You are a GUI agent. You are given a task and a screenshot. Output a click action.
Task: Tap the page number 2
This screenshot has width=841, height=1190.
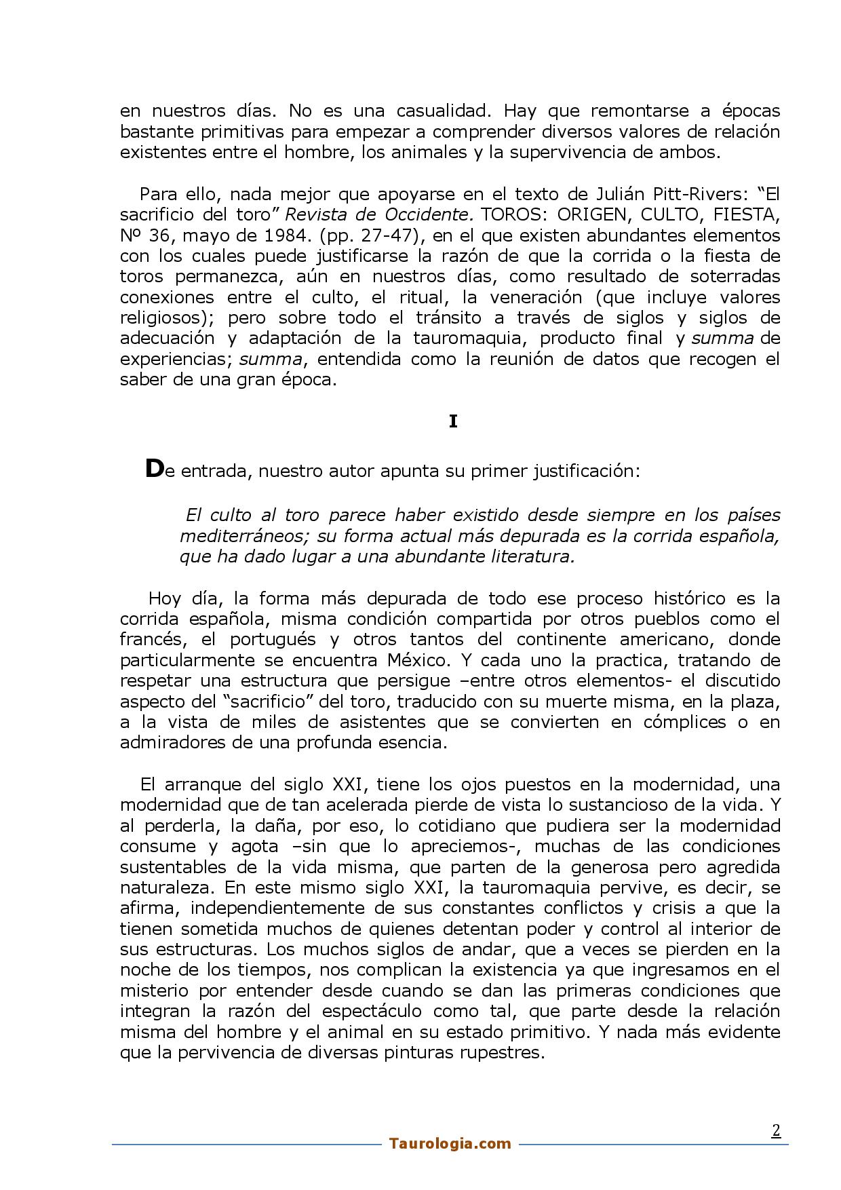tap(776, 1130)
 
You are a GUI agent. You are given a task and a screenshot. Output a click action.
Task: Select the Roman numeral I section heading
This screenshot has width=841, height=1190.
tap(453, 422)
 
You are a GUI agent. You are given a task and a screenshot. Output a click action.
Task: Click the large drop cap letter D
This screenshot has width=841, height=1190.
tap(155, 469)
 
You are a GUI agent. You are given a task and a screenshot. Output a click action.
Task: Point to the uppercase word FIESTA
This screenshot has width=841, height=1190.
tap(744, 215)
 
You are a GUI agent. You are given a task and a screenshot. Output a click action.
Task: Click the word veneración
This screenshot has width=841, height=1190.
tap(524, 297)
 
